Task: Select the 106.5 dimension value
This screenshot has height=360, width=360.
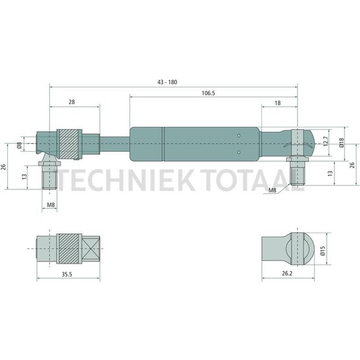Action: pyautogui.click(x=208, y=94)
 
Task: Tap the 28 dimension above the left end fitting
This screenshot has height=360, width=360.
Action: pyautogui.click(x=73, y=102)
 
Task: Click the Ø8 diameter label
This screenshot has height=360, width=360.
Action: pyautogui.click(x=20, y=146)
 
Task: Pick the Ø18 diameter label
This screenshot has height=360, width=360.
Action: pyautogui.click(x=341, y=143)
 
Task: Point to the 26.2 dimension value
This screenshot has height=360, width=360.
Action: pyautogui.click(x=287, y=273)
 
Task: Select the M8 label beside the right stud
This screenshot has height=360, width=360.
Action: pyautogui.click(x=273, y=191)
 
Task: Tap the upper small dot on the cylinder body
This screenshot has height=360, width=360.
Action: pyautogui.click(x=238, y=135)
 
